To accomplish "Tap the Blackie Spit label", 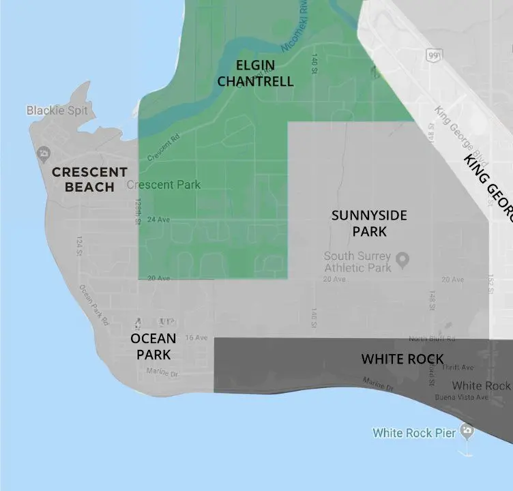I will (x=57, y=110).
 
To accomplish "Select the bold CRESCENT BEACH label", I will (x=89, y=179).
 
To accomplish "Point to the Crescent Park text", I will (x=164, y=185).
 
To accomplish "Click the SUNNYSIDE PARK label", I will (x=369, y=224).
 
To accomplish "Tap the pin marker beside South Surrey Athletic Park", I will (x=402, y=259).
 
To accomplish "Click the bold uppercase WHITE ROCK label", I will (x=402, y=359).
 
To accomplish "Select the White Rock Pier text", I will (x=414, y=432).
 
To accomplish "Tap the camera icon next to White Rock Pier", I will (x=467, y=430).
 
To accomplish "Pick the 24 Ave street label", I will (x=158, y=220).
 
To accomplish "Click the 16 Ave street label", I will (x=196, y=338).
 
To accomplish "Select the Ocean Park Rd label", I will (x=94, y=305).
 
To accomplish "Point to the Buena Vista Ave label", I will (x=463, y=397).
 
